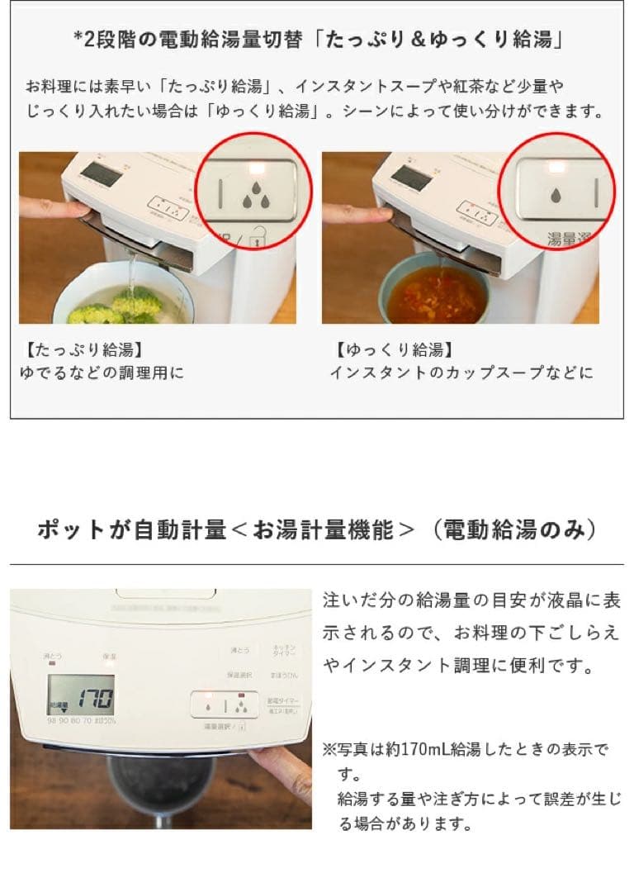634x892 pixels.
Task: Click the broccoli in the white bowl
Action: click(116, 307)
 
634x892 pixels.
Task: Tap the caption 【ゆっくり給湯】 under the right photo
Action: click(395, 350)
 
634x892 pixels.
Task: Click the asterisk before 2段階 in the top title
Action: click(78, 40)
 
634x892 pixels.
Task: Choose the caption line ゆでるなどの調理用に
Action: click(102, 373)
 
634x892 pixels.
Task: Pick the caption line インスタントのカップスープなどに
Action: click(461, 373)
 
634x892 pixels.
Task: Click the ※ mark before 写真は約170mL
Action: click(328, 750)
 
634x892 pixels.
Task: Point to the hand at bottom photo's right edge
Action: click(285, 764)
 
